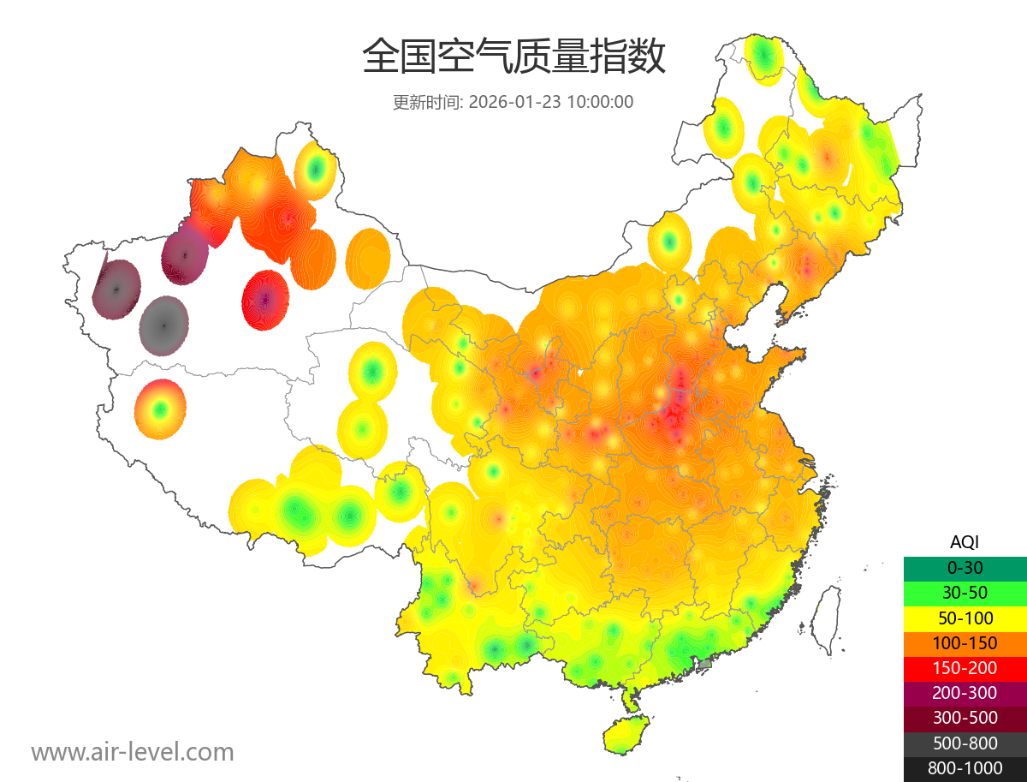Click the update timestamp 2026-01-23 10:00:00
(x=513, y=102)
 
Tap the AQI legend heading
(x=965, y=542)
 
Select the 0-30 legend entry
(x=965, y=568)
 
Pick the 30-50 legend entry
(x=965, y=593)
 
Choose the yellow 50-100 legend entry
(x=965, y=618)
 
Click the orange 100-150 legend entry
(x=965, y=643)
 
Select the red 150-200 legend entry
(x=965, y=668)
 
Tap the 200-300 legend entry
(x=965, y=693)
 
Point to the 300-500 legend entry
(x=965, y=718)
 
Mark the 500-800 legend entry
(x=965, y=743)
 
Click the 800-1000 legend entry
(x=965, y=768)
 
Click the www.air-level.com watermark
(x=133, y=752)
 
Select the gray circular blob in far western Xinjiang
(x=163, y=325)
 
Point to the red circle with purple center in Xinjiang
(x=265, y=300)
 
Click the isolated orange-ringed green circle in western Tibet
(x=159, y=409)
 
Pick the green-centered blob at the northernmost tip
(x=764, y=58)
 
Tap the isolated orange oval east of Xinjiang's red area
(x=368, y=257)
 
